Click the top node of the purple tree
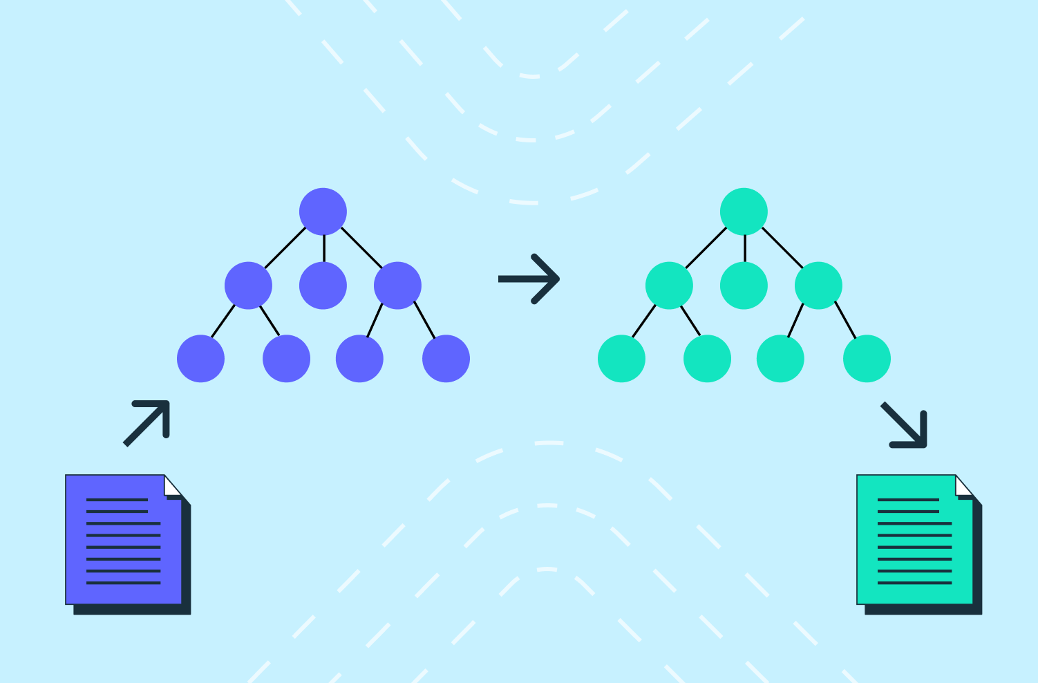pos(323,212)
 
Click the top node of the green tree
pos(744,212)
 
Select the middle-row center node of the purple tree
pos(323,286)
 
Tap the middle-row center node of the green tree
pos(744,286)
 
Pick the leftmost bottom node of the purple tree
pos(200,359)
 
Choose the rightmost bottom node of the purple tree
pos(446,359)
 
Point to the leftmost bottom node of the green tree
pos(621,359)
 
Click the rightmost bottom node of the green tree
pos(867,359)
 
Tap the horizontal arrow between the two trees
pos(529,279)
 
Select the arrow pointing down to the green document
pos(905,425)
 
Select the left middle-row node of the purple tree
pos(248,286)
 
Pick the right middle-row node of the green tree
pos(818,286)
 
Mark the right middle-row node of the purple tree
pos(397,286)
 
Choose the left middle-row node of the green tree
pos(669,286)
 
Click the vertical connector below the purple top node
pos(323,248)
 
